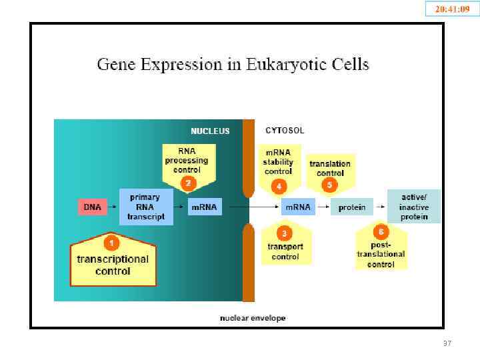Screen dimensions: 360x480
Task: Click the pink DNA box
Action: pyautogui.click(x=93, y=207)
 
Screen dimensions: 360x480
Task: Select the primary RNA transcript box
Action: pyautogui.click(x=146, y=207)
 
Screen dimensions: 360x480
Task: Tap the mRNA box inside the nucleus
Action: pyautogui.click(x=204, y=207)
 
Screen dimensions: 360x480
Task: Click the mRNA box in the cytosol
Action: pyautogui.click(x=297, y=207)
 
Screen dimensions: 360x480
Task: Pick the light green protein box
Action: pyautogui.click(x=351, y=207)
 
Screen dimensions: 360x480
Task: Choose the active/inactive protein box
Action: pyautogui.click(x=414, y=207)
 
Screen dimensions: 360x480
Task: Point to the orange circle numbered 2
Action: pyautogui.click(x=189, y=183)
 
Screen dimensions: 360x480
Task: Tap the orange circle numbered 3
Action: pyautogui.click(x=285, y=233)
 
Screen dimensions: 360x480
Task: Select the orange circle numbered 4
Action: pyautogui.click(x=278, y=185)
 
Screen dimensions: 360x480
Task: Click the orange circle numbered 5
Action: pyautogui.click(x=329, y=185)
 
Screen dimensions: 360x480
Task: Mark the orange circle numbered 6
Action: pyautogui.click(x=381, y=232)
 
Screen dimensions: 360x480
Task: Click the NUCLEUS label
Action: pyautogui.click(x=210, y=131)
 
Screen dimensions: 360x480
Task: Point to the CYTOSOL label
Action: pyautogui.click(x=285, y=131)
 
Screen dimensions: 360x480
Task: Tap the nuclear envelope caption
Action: pyautogui.click(x=253, y=318)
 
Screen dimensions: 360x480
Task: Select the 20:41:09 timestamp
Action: pyautogui.click(x=453, y=9)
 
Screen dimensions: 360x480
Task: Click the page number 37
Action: pyautogui.click(x=447, y=343)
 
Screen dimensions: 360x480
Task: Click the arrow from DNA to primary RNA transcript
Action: pyautogui.click(x=112, y=207)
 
